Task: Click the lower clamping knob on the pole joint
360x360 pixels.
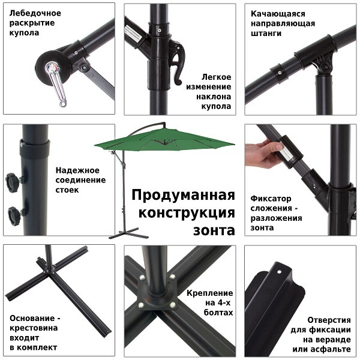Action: pos(13,214)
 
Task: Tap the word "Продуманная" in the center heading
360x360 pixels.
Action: pos(182,196)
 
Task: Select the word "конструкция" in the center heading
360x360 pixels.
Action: pos(187,213)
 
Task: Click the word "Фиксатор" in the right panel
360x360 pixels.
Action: pos(271,197)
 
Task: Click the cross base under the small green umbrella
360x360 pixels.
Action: pos(124,232)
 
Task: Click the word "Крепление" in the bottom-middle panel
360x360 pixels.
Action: pos(211,292)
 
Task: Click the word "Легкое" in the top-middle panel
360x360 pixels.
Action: pos(216,77)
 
